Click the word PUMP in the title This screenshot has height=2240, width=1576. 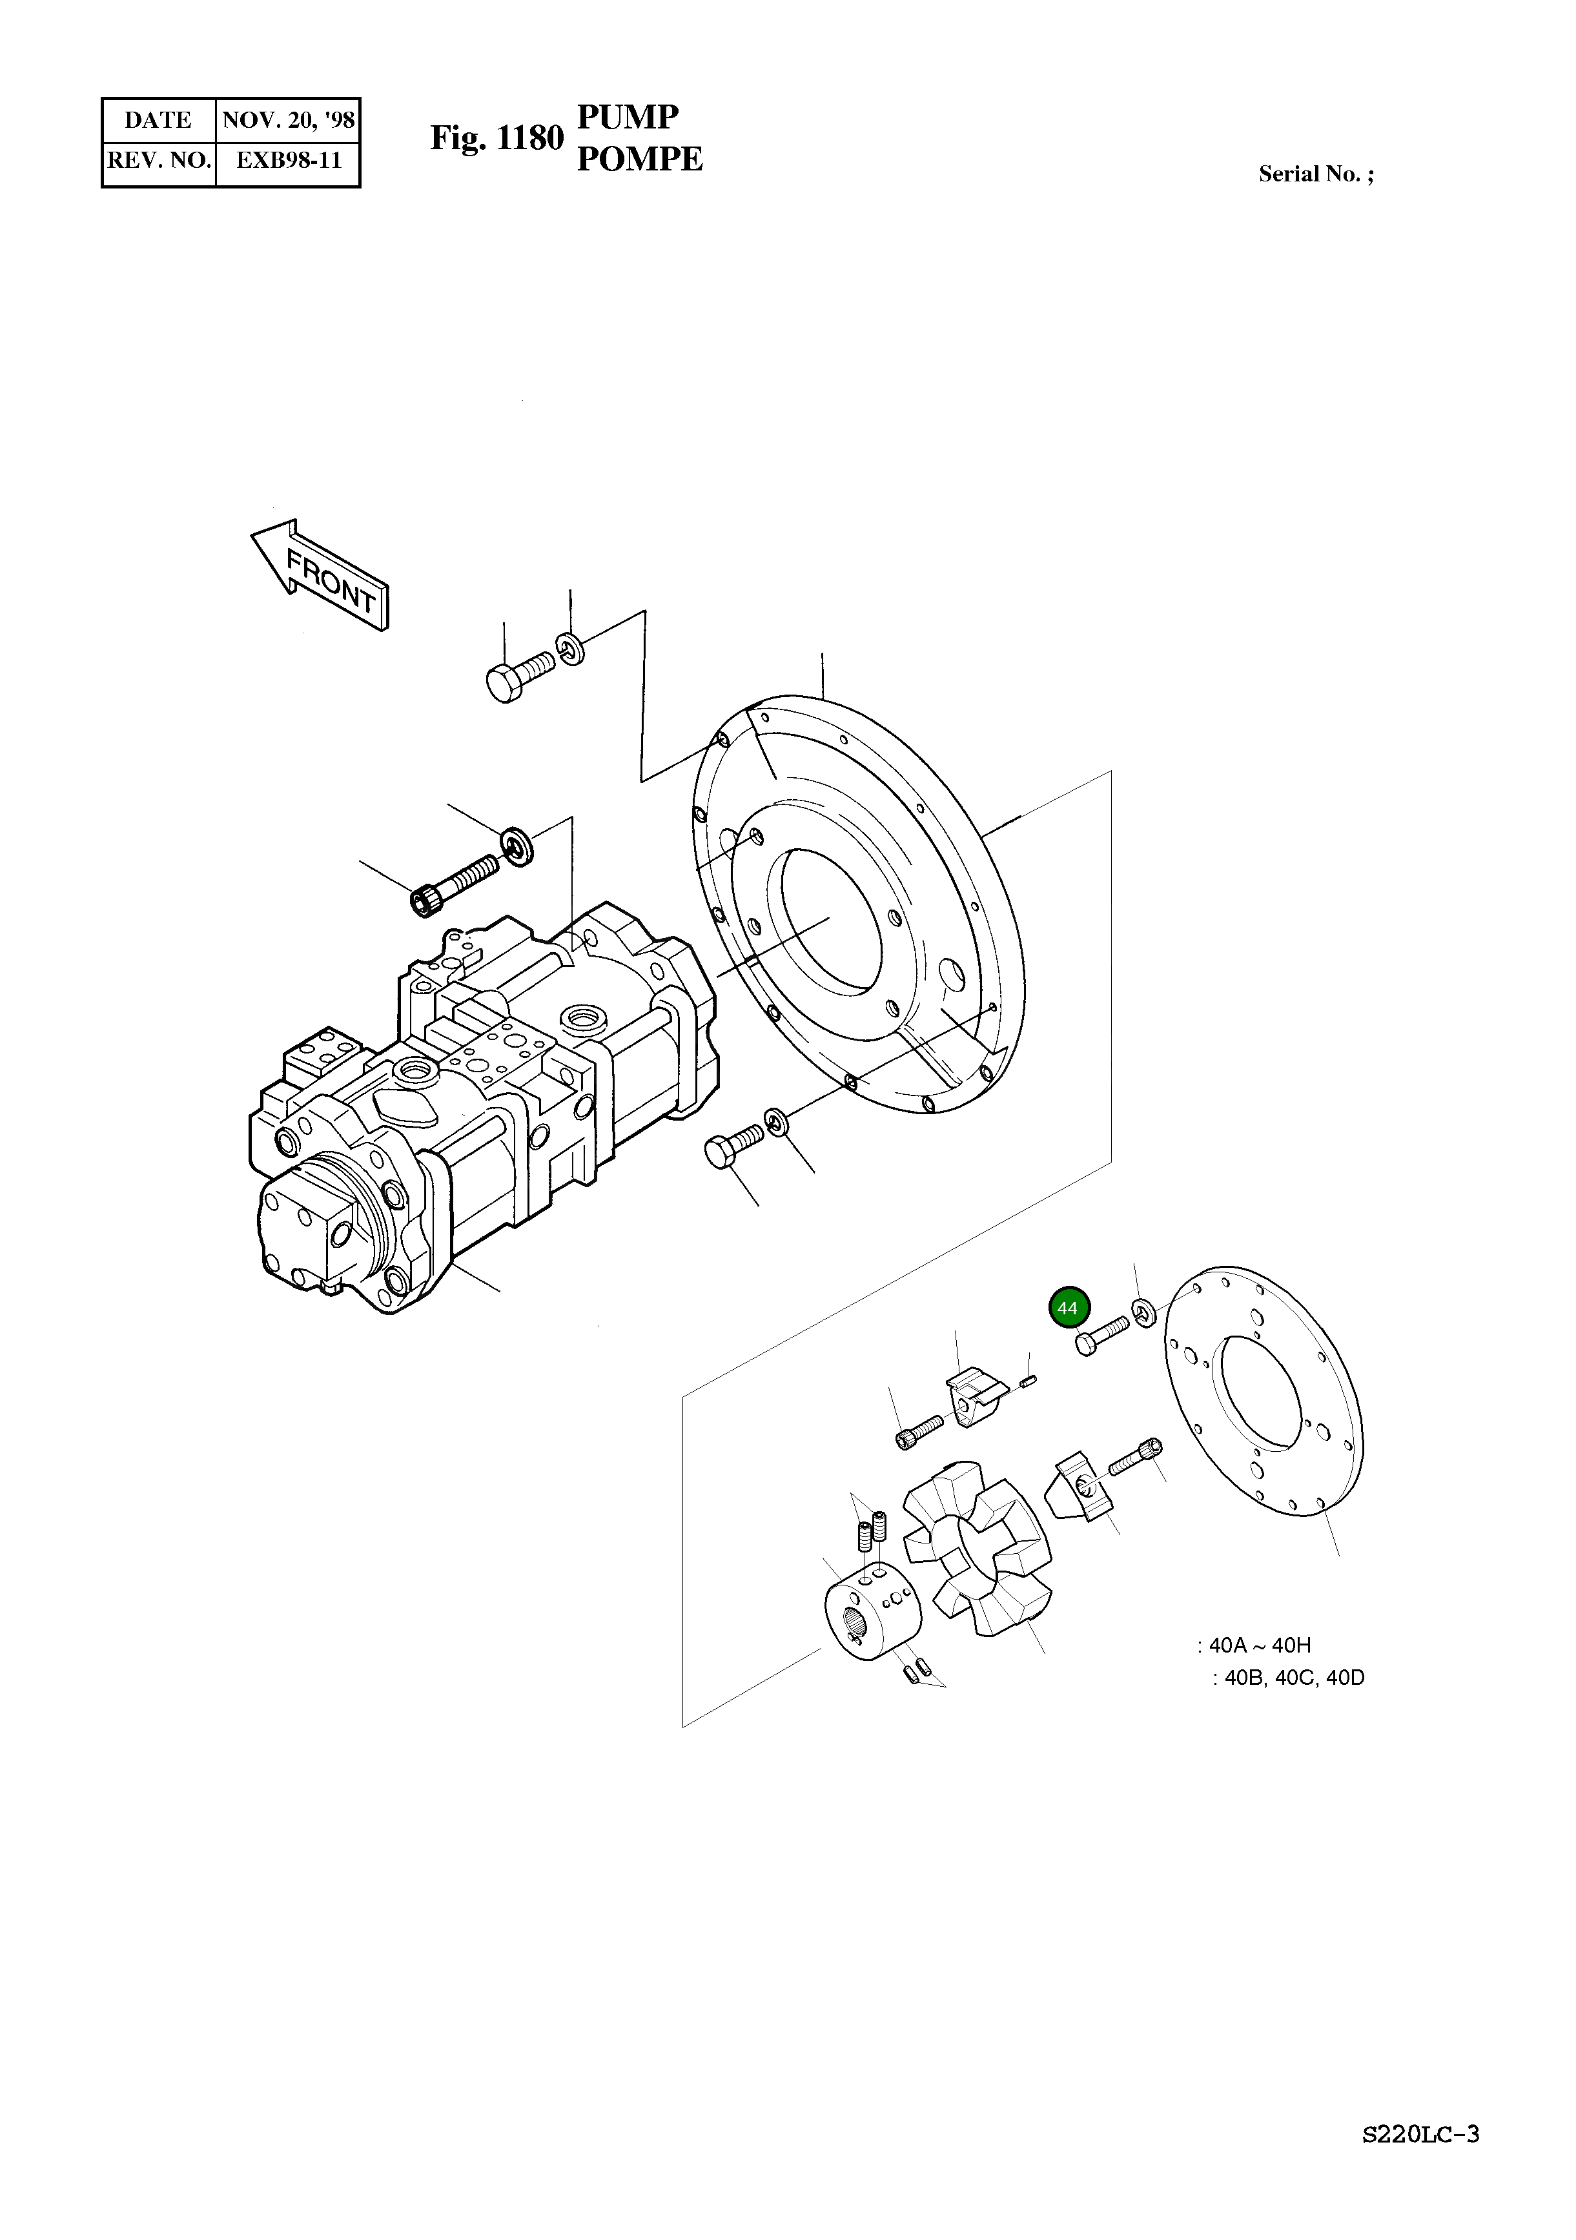pos(628,117)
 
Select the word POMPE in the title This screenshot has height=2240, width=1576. pos(639,159)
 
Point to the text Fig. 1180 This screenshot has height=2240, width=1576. pos(496,139)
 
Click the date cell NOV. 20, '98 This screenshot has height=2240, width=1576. pos(288,121)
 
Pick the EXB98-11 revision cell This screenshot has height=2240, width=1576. pos(288,161)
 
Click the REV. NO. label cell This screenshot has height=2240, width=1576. pos(159,161)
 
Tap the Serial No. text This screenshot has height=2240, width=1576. pos(1315,175)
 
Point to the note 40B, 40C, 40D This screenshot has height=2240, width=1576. pos(1287,1678)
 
